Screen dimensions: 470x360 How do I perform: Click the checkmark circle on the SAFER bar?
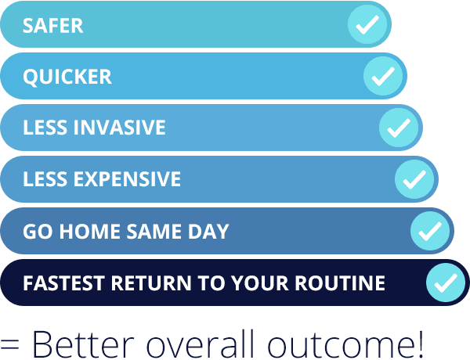point(367,24)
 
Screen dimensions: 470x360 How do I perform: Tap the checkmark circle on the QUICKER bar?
point(383,76)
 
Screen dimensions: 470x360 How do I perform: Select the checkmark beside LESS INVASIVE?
point(399,128)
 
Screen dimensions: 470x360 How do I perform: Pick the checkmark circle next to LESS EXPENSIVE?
point(414,179)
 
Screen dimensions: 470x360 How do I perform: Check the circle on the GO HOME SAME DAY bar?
point(430,231)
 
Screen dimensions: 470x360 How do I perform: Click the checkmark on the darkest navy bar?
point(446,283)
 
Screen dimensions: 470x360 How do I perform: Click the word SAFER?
point(52,26)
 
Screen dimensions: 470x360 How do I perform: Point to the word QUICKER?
point(67,77)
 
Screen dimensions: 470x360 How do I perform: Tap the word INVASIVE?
point(120,128)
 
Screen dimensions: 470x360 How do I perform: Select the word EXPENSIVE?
point(127,179)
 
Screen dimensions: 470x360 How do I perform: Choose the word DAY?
point(208,231)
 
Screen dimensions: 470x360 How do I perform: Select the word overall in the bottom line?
point(200,343)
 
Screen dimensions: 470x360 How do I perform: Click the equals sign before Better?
point(9,344)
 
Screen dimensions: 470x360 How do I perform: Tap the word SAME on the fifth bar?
point(154,231)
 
